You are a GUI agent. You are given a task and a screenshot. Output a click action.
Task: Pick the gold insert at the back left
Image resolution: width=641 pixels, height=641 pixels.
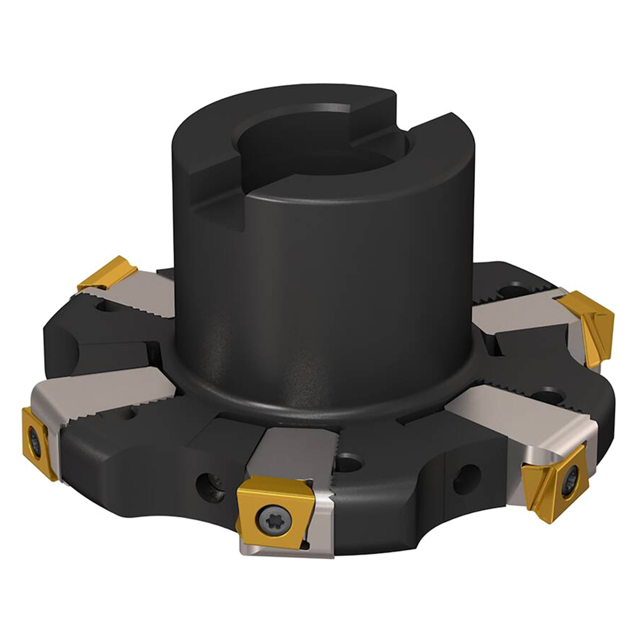(108, 272)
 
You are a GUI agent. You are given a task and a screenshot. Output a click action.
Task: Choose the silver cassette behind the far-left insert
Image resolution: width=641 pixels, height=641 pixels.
(105, 396)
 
